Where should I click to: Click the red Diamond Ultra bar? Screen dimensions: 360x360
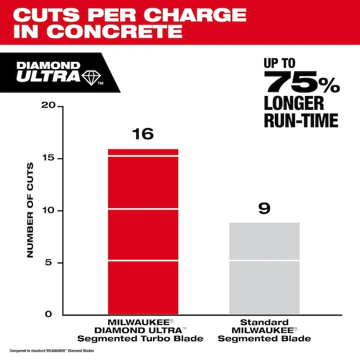[x=143, y=231]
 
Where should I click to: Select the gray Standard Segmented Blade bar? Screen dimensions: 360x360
[x=264, y=268]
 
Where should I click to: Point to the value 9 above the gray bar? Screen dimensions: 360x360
[x=264, y=209]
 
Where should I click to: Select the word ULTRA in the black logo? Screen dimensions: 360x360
[x=55, y=76]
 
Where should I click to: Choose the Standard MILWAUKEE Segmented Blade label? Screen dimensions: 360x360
[x=264, y=331]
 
